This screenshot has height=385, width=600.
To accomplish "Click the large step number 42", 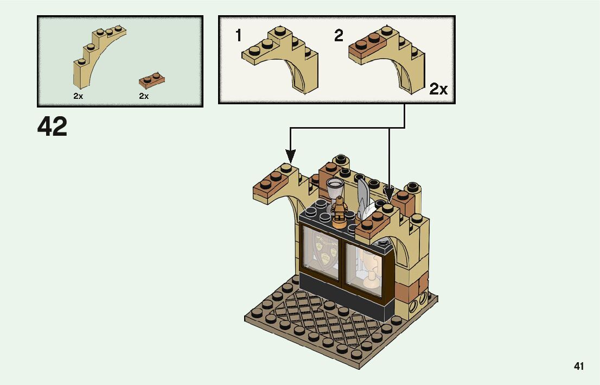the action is [53, 127].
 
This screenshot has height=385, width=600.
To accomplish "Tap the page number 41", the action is [579, 367].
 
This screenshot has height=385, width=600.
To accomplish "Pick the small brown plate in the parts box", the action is [152, 80].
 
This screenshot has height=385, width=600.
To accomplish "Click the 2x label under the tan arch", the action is [78, 96].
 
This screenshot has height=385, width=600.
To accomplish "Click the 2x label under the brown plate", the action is [144, 96].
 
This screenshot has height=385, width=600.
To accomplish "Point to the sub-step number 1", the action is [238, 36].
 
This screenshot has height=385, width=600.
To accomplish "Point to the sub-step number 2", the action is [339, 36].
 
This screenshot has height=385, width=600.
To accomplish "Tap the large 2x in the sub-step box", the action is [438, 89].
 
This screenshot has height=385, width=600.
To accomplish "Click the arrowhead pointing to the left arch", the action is [291, 157].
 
